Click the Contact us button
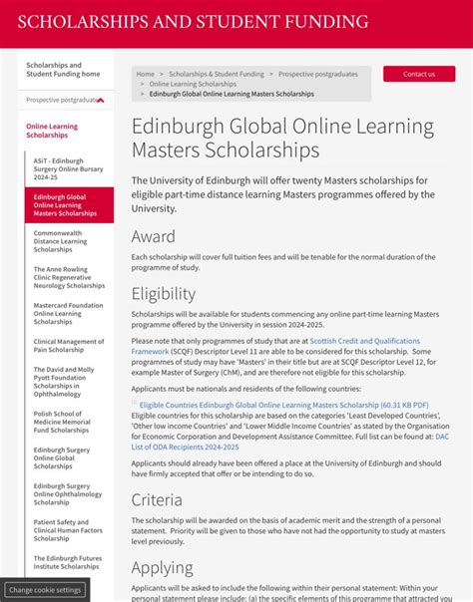(x=419, y=74)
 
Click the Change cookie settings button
(x=45, y=590)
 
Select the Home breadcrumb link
(x=146, y=74)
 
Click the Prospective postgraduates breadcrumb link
(x=317, y=74)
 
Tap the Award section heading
(x=154, y=237)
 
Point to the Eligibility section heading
(x=164, y=294)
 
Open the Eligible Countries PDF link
(x=283, y=405)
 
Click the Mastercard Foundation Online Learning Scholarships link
(x=68, y=314)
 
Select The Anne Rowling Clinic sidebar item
(x=69, y=277)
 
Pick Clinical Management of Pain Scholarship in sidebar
(x=68, y=346)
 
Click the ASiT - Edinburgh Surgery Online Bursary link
(x=59, y=168)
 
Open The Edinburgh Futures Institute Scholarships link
(x=68, y=562)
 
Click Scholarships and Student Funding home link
(x=63, y=70)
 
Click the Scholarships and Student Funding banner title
(x=193, y=22)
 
